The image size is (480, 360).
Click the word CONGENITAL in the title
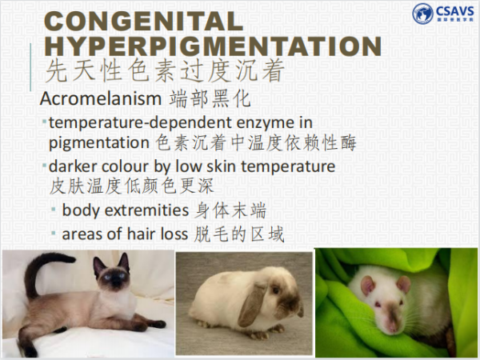pyautogui.click(x=143, y=21)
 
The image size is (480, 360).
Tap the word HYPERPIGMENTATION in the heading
pyautogui.click(x=213, y=46)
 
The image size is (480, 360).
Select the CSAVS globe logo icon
pyautogui.click(x=422, y=13)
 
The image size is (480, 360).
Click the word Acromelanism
pyautogui.click(x=101, y=98)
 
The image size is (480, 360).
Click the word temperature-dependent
pyautogui.click(x=141, y=123)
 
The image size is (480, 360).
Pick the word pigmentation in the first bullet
pyautogui.click(x=99, y=143)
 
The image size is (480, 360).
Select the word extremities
pyautogui.click(x=146, y=210)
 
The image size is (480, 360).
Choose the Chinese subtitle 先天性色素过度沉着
pyautogui.click(x=165, y=71)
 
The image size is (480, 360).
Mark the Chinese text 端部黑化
pyautogui.click(x=210, y=98)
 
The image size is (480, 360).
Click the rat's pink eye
pyautogui.click(x=378, y=305)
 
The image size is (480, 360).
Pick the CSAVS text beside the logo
pyautogui.click(x=455, y=11)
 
